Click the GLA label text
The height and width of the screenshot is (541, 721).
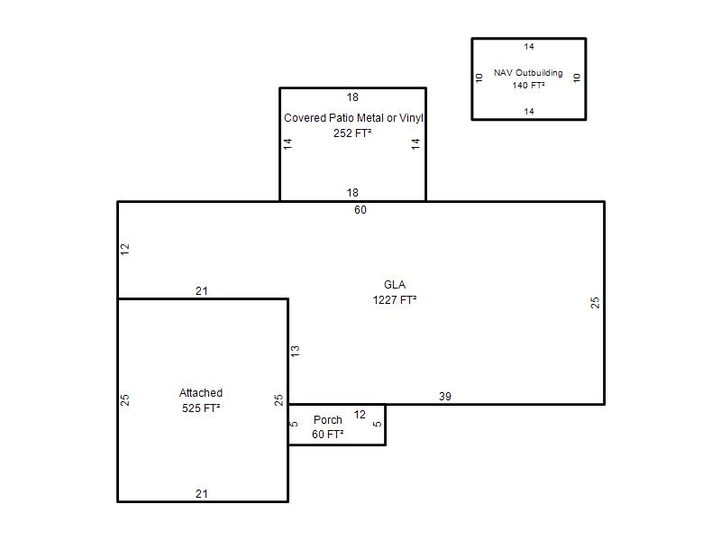click(395, 285)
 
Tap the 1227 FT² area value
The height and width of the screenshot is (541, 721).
click(395, 300)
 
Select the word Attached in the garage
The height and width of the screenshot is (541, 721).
click(201, 393)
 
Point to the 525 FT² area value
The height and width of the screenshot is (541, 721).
click(201, 408)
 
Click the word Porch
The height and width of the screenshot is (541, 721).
click(328, 420)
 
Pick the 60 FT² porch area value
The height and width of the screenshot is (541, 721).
click(328, 435)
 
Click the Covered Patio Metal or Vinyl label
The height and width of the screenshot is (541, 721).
click(353, 118)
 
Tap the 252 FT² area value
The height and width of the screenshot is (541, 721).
click(352, 133)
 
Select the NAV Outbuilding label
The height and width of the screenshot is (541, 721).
click(528, 73)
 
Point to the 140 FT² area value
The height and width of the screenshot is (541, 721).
click(529, 85)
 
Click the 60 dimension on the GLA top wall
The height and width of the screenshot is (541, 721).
click(360, 210)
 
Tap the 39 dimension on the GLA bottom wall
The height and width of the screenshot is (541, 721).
click(445, 396)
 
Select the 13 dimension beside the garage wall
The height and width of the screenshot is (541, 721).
click(296, 351)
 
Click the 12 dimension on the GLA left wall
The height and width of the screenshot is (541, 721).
click(125, 250)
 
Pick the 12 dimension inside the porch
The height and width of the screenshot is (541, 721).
click(360, 415)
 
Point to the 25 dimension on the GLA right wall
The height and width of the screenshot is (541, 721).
click(595, 302)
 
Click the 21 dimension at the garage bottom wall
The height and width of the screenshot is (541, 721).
click(201, 493)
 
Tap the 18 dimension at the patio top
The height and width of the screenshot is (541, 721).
click(352, 97)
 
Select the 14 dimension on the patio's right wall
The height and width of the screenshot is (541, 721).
click(415, 144)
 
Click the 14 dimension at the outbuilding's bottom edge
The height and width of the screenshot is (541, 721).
click(529, 111)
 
